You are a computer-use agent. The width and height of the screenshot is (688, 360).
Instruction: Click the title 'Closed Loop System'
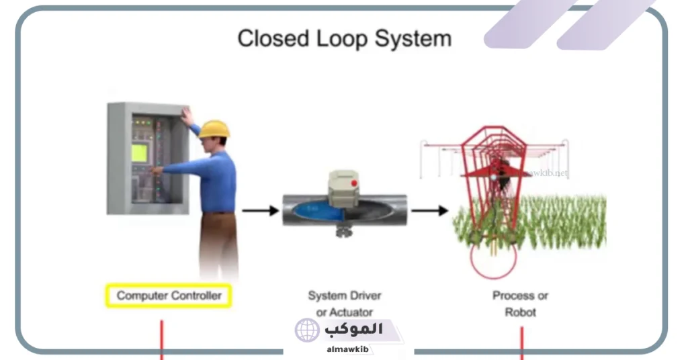(344, 38)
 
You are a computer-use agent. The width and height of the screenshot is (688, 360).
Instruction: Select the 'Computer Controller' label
(169, 296)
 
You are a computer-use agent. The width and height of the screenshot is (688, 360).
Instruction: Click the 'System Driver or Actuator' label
(344, 304)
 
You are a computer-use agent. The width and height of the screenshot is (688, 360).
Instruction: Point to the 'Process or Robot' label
(521, 304)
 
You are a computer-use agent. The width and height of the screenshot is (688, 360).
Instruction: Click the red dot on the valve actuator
(354, 183)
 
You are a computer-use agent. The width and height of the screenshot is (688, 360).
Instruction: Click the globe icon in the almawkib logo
(307, 330)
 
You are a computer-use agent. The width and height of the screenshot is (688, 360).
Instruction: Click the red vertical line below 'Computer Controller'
(162, 339)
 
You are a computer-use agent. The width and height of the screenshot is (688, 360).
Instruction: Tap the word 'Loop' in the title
(341, 38)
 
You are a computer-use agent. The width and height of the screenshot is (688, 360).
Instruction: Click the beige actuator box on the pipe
(345, 187)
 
